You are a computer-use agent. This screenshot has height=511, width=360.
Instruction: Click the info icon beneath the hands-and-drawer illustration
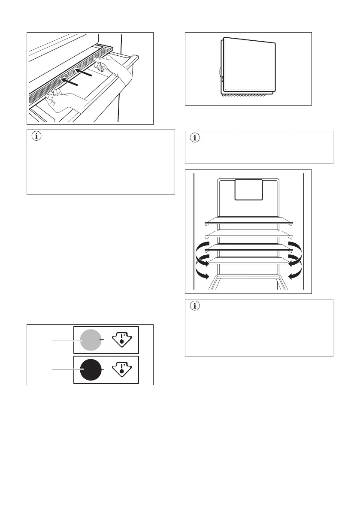(x=36, y=137)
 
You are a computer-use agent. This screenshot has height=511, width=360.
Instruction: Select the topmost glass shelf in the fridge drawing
(x=248, y=220)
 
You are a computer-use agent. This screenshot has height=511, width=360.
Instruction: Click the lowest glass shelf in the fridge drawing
(x=248, y=260)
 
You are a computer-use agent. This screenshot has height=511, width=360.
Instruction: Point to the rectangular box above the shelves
(x=248, y=190)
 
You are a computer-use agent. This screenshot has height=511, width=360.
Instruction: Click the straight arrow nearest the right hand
(x=85, y=74)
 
